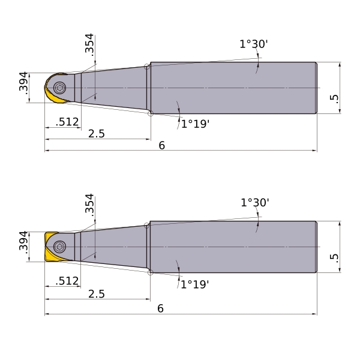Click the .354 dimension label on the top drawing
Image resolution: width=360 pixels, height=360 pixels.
pyautogui.click(x=89, y=45)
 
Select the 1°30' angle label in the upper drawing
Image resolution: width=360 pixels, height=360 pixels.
pyautogui.click(x=254, y=44)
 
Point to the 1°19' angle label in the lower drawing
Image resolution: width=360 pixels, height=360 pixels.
pyautogui.click(x=195, y=284)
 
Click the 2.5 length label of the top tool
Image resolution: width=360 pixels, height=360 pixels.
pyautogui.click(x=97, y=134)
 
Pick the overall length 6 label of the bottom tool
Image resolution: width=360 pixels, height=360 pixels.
pyautogui.click(x=160, y=308)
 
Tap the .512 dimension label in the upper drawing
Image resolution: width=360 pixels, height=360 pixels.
pyautogui.click(x=67, y=122)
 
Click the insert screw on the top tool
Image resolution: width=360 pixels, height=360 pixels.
pyautogui.click(x=59, y=88)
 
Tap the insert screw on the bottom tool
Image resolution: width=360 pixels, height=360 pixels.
pyautogui.click(x=59, y=247)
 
